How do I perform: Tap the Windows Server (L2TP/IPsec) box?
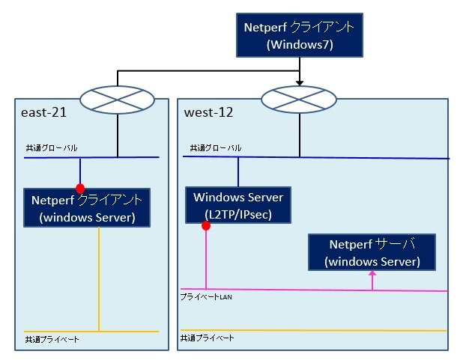238,205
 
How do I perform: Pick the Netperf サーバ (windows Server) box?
372,253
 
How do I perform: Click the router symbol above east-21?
118,97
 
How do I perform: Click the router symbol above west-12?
300,97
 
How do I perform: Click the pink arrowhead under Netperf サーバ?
372,275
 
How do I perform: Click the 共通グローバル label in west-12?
215,148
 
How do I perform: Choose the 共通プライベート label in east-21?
52,340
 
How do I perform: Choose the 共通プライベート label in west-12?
208,338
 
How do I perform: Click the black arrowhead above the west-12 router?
300,82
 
